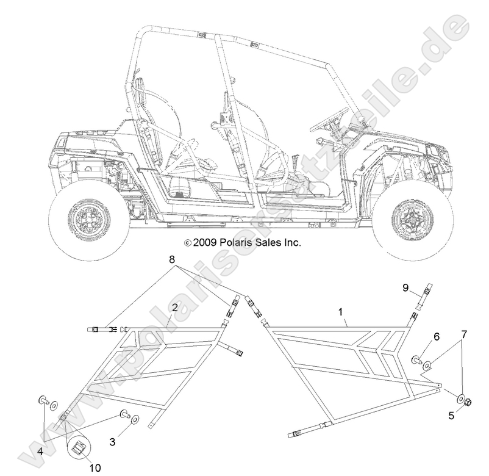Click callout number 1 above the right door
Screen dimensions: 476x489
(340, 312)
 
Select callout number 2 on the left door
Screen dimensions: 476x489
(174, 308)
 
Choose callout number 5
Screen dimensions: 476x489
(451, 416)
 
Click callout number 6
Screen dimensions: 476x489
(436, 336)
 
